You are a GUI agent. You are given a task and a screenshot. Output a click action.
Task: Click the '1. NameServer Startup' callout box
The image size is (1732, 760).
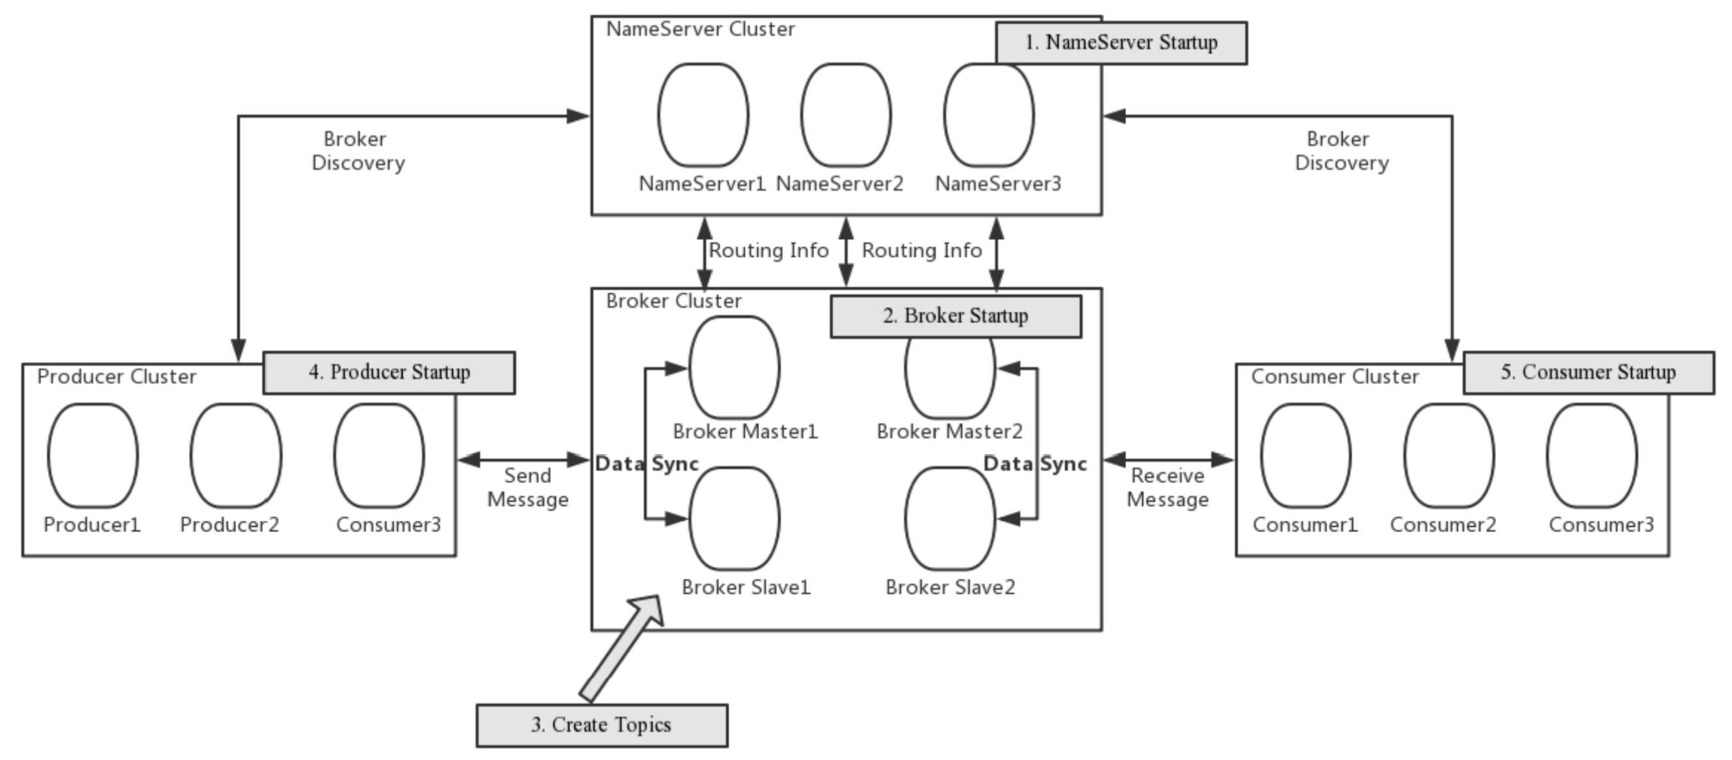click(x=1121, y=43)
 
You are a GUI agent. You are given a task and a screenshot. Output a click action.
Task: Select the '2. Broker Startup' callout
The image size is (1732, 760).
click(x=956, y=316)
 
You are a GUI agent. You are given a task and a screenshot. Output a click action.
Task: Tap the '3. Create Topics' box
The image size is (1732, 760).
click(x=601, y=725)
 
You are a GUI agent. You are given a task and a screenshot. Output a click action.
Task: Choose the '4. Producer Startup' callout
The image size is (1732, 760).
click(x=389, y=372)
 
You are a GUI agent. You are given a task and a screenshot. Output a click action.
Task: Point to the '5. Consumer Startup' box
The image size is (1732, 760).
click(x=1588, y=372)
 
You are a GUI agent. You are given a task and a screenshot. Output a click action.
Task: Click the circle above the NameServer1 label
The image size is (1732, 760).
click(x=703, y=115)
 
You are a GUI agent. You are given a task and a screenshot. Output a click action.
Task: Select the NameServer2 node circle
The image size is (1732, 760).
click(x=846, y=115)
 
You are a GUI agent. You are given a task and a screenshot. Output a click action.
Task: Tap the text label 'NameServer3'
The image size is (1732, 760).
click(x=998, y=183)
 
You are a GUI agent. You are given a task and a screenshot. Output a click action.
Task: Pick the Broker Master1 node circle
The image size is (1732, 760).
click(x=734, y=368)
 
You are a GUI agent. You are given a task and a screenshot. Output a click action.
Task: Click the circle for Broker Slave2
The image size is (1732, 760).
click(x=949, y=518)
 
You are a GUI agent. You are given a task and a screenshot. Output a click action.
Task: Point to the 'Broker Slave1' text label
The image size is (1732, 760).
click(x=746, y=587)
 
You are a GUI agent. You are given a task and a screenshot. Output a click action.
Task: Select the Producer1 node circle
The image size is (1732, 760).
click(x=93, y=455)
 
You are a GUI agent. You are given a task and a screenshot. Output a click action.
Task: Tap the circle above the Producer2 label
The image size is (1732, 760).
click(x=235, y=455)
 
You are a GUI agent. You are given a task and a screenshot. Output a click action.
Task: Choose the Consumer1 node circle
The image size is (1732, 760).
click(x=1305, y=455)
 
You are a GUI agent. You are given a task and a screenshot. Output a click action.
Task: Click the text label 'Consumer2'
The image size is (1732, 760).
click(x=1443, y=525)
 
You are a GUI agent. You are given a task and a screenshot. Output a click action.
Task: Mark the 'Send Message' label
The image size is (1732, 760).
click(x=528, y=488)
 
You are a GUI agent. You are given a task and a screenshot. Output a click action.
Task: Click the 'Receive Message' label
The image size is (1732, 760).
click(x=1167, y=488)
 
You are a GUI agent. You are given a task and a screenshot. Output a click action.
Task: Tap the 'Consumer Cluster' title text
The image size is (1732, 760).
click(x=1335, y=377)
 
